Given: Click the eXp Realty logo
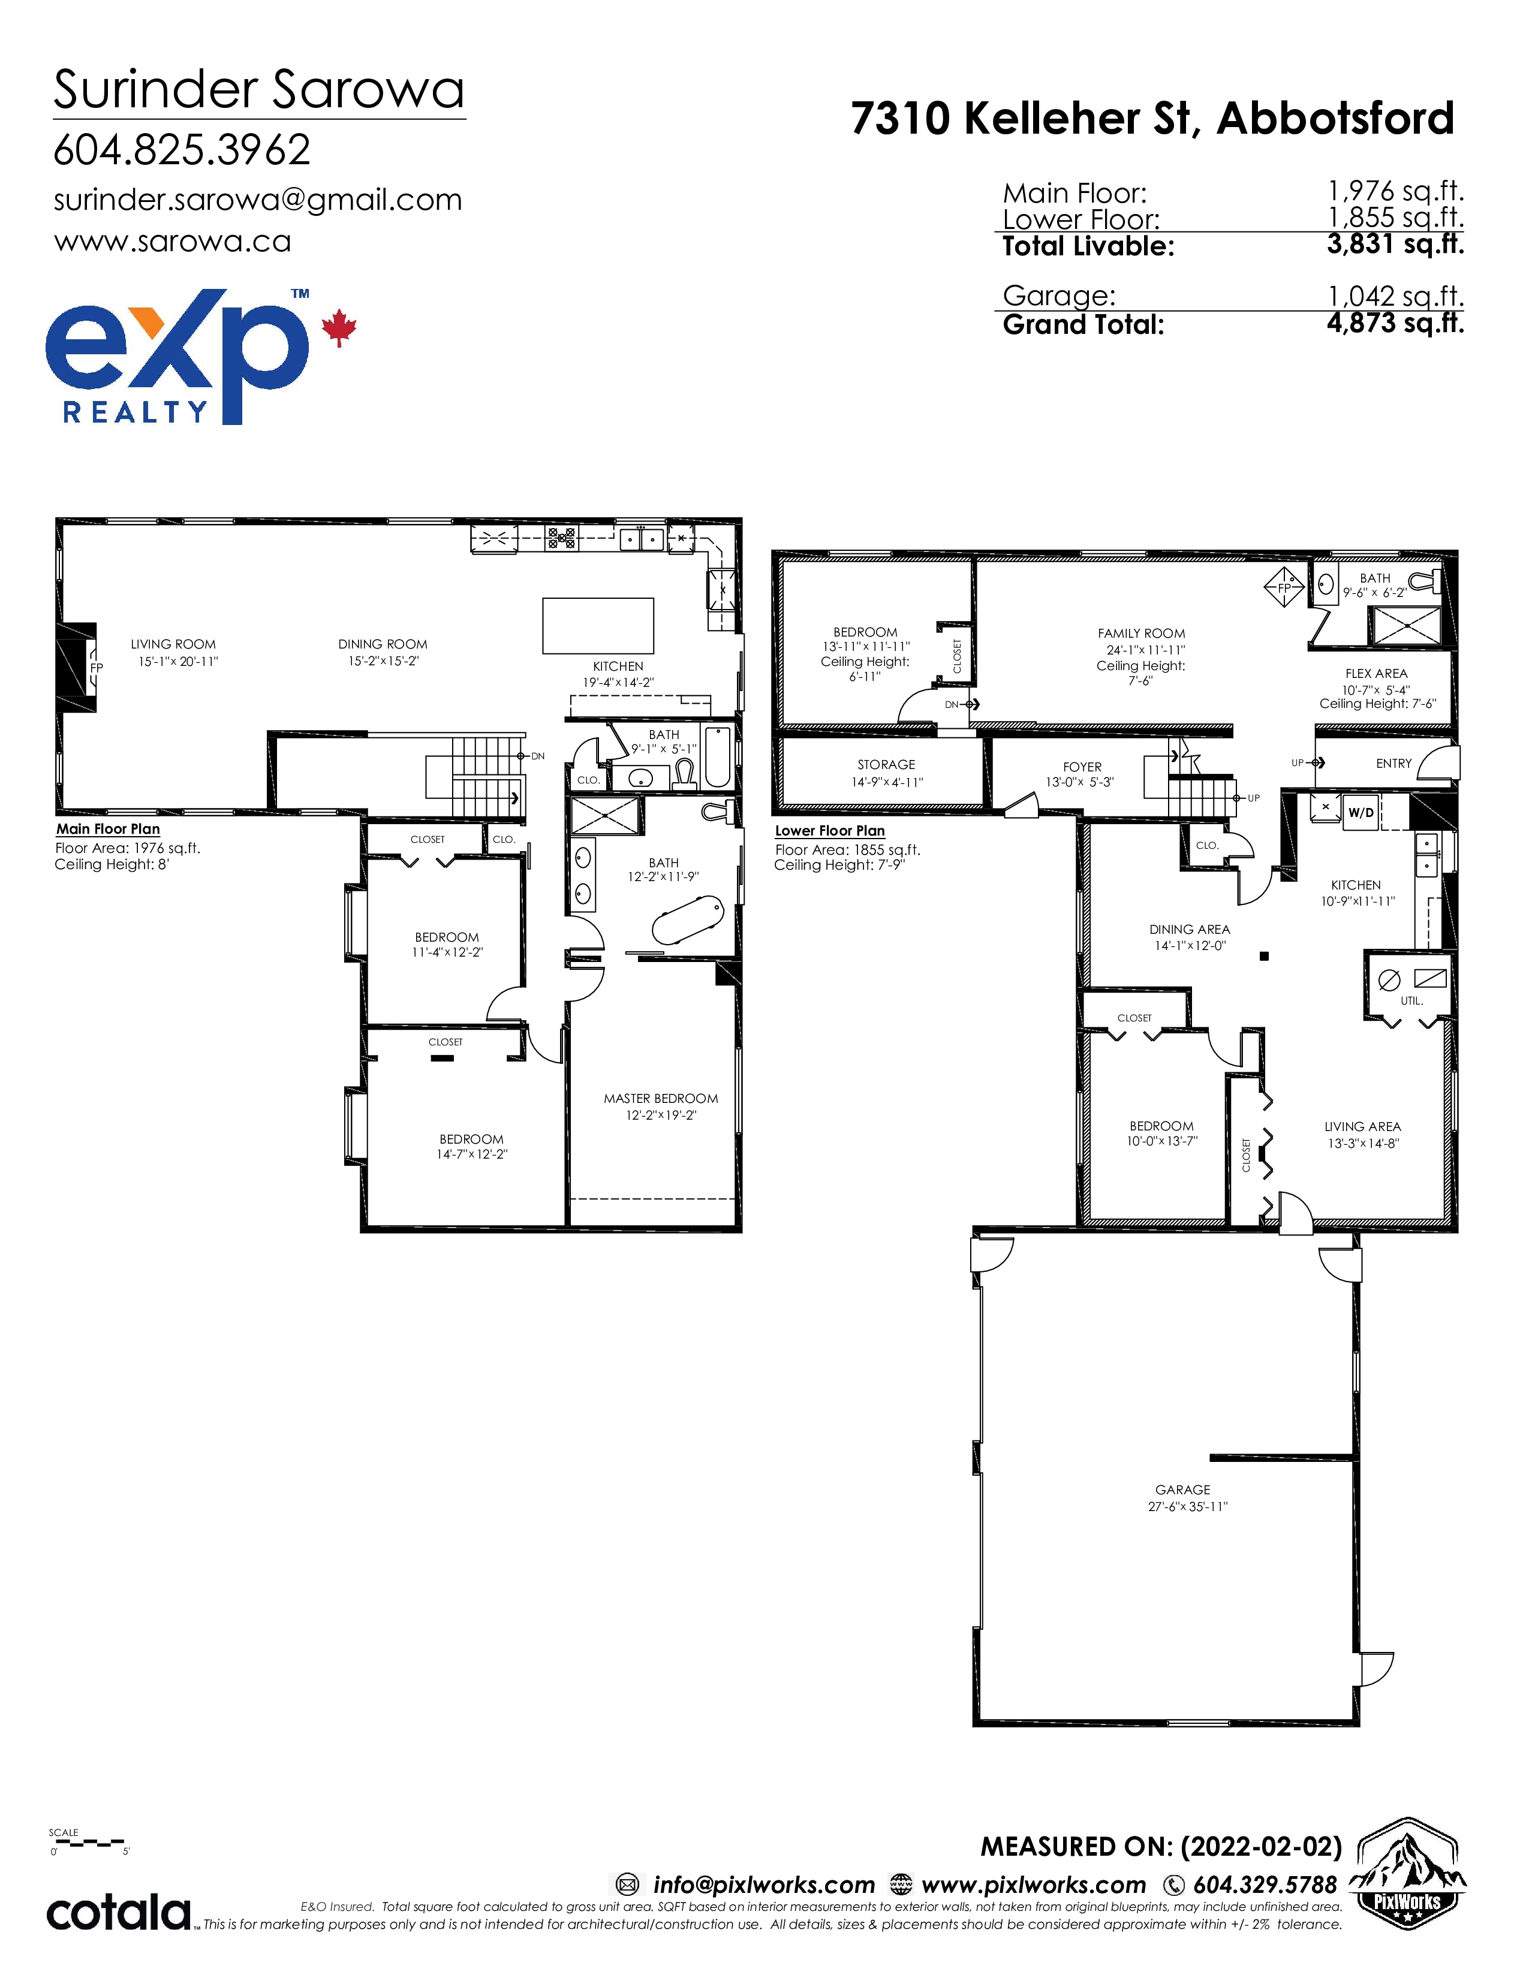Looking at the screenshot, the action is pyautogui.click(x=200, y=356).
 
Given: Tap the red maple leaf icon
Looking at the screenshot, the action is pyautogui.click(x=339, y=328).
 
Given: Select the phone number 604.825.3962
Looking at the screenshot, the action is pyautogui.click(x=182, y=149).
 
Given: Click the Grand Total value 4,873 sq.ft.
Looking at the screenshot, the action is pyautogui.click(x=1395, y=322).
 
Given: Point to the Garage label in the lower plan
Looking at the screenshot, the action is pyautogui.click(x=1182, y=1490).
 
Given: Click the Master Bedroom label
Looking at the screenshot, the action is pyautogui.click(x=661, y=1099).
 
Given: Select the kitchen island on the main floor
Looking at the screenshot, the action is pyautogui.click(x=598, y=625).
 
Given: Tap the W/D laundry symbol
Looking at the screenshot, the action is pyautogui.click(x=1361, y=812).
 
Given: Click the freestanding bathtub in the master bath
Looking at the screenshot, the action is pyautogui.click(x=688, y=920).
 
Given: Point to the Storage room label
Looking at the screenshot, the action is pyautogui.click(x=886, y=764).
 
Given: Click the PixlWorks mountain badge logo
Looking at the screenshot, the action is pyautogui.click(x=1407, y=1874).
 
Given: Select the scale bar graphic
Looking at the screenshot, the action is pyautogui.click(x=91, y=1842).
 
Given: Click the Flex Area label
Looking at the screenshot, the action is pyautogui.click(x=1376, y=674).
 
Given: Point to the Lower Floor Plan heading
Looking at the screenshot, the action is pyautogui.click(x=830, y=831).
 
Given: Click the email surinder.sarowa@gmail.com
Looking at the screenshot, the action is pyautogui.click(x=258, y=200).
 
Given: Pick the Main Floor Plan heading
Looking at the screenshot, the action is pyautogui.click(x=108, y=829).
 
